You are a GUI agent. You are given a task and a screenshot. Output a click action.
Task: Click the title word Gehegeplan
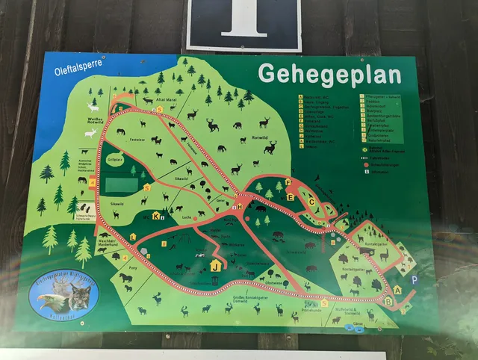[329, 74]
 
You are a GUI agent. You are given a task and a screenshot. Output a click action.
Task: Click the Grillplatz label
[114, 158]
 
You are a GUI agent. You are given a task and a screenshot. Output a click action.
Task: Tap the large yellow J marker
[216, 264]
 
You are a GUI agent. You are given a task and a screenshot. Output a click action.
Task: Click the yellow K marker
[156, 216]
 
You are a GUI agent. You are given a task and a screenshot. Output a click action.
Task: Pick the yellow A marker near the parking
[397, 289]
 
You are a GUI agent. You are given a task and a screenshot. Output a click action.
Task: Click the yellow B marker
[388, 301]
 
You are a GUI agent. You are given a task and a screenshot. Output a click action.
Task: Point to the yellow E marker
[291, 197]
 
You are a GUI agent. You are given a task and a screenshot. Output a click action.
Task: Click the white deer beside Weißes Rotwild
[90, 133]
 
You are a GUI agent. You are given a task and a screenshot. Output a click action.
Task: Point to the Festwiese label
[137, 140]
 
